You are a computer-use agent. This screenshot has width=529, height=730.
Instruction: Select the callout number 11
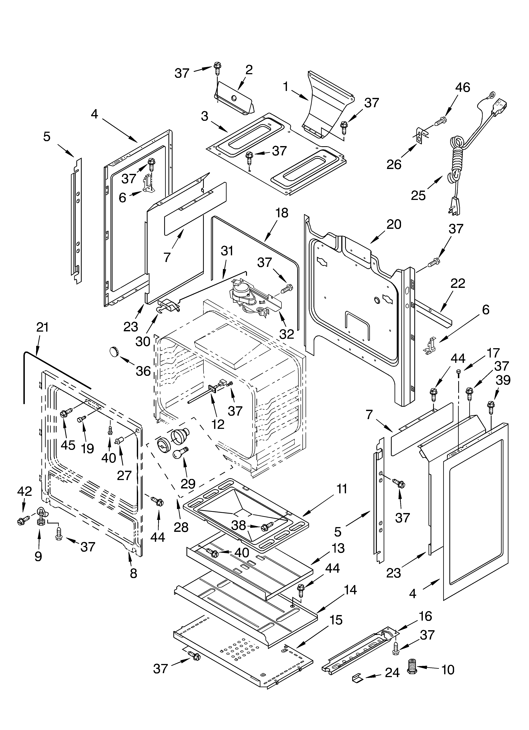tap(342, 489)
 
